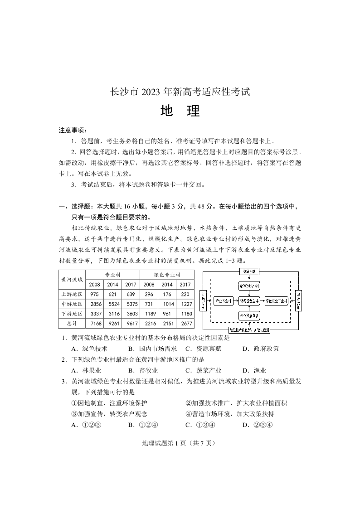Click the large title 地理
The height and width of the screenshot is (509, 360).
coord(180,111)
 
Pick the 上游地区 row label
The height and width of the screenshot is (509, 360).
coord(72,294)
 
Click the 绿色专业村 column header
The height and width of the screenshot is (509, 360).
coord(167,275)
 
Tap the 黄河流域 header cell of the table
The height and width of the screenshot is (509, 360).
coord(72,279)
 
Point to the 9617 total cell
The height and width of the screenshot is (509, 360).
coord(131,324)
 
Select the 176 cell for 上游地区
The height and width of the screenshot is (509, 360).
coord(167,294)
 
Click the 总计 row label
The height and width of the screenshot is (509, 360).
coord(72,324)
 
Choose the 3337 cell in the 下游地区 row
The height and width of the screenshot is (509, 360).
coord(95,314)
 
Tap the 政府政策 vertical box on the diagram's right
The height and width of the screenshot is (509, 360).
coord(299,301)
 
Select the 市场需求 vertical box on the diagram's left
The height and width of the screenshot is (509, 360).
coord(203,301)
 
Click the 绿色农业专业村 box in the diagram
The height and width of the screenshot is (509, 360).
coord(277,301)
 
